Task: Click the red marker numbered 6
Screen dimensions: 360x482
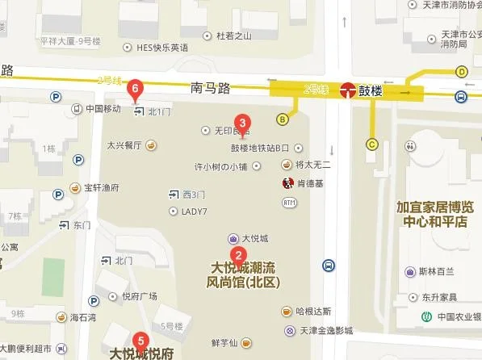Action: coord(136,86)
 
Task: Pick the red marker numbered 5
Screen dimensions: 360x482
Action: coord(141,341)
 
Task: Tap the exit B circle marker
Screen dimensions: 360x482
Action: coord(283,120)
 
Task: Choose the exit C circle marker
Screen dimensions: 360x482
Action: coord(372,144)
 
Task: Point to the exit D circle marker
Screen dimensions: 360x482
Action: coord(462,71)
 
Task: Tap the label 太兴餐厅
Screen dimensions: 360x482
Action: coord(124,146)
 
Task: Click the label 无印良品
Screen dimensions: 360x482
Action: coord(230,130)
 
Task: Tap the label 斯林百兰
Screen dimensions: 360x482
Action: coord(425,271)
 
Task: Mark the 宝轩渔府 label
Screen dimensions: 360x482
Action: coord(103,186)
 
